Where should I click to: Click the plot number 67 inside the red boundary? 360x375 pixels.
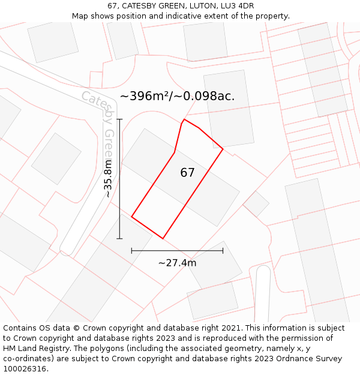point(187,173)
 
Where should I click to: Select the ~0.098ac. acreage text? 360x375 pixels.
point(205,96)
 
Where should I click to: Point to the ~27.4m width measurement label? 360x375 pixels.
point(177,263)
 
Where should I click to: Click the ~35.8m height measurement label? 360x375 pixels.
point(107,178)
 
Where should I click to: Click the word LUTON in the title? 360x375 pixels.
point(186,6)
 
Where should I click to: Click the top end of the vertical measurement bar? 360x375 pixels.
point(119,119)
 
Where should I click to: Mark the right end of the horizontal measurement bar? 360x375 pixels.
point(223,250)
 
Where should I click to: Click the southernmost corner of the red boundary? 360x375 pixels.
point(163,238)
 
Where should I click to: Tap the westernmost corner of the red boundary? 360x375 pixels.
point(131,217)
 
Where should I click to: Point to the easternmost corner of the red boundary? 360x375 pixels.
point(223,149)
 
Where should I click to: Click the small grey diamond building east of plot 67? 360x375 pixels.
point(256,204)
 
